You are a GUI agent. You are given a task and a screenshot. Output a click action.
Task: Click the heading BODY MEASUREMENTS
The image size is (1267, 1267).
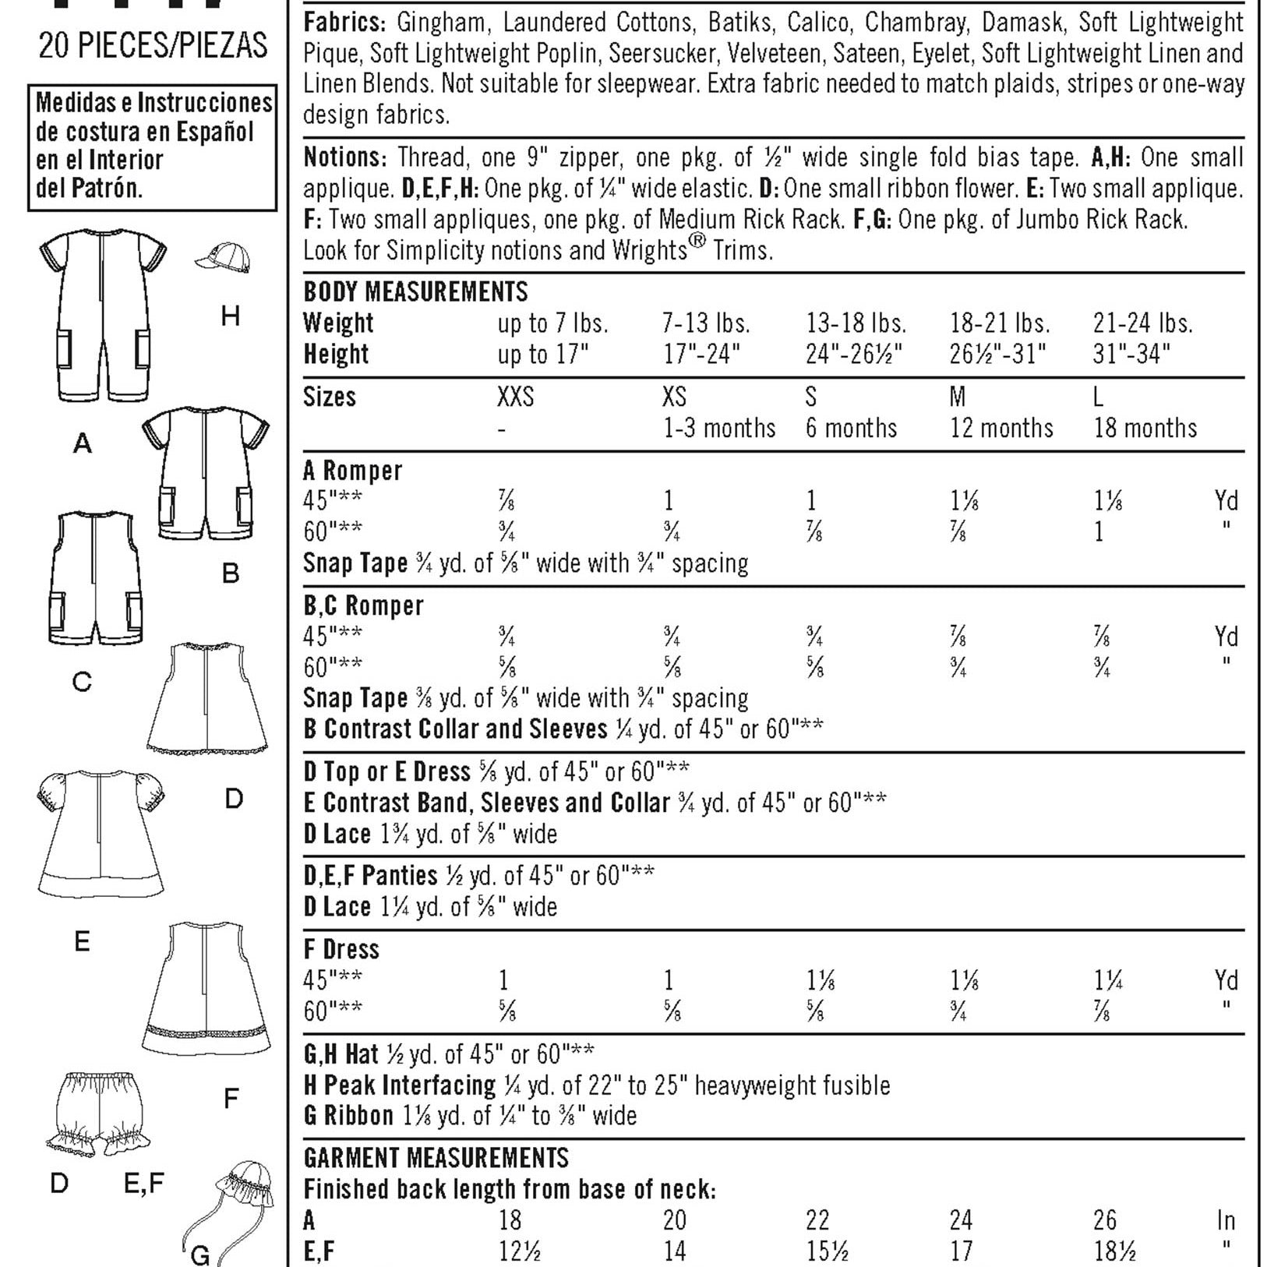tap(415, 291)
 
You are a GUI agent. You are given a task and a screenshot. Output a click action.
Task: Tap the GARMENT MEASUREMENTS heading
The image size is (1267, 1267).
tap(436, 1158)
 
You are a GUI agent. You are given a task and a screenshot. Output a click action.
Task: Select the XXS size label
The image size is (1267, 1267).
tap(515, 397)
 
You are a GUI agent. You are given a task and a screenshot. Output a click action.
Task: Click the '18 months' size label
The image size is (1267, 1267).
tap(1145, 428)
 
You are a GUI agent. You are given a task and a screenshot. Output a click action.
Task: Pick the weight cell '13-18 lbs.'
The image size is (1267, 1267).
tap(856, 323)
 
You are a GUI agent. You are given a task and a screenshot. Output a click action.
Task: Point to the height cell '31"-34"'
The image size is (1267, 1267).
tap(1131, 355)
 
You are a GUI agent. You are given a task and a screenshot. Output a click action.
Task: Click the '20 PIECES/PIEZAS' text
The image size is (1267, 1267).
tap(153, 46)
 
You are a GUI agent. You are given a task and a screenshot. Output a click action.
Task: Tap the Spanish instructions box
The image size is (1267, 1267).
tap(153, 146)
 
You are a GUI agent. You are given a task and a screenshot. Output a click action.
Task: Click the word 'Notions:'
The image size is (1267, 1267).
tap(344, 157)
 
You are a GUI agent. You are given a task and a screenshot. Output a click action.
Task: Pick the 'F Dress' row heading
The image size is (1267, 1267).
tap(341, 949)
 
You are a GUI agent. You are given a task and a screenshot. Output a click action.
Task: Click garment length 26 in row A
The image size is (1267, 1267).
tap(1104, 1220)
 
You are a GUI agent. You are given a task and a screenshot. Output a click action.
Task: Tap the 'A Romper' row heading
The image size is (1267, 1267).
tap(352, 471)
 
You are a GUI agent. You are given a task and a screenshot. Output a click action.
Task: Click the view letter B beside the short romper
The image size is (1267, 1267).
tap(231, 574)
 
